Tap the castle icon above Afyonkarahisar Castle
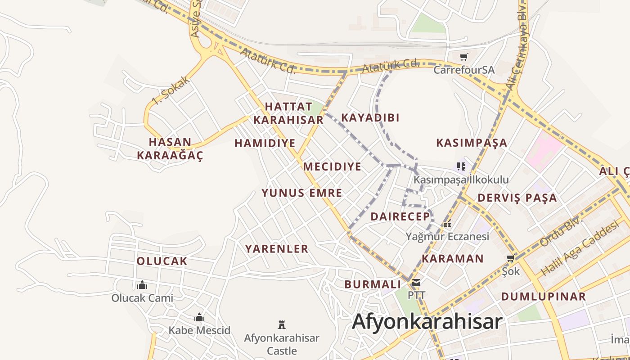click(x=282, y=324)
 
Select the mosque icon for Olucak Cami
click(x=142, y=285)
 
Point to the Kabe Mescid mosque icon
click(x=199, y=318)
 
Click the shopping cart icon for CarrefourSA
click(x=463, y=57)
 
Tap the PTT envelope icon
click(x=416, y=283)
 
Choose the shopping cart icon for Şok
click(x=510, y=258)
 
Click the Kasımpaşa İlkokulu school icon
click(x=461, y=166)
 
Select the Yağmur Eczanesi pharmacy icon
click(x=447, y=224)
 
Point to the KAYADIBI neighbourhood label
click(x=370, y=118)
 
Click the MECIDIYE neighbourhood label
click(x=332, y=167)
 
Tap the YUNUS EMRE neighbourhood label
click(x=302, y=193)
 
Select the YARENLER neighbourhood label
click(x=277, y=249)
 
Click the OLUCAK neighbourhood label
click(x=162, y=261)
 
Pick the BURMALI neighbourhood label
click(x=373, y=284)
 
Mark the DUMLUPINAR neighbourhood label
click(x=544, y=297)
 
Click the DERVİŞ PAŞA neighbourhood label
click(x=517, y=198)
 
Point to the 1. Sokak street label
click(x=171, y=91)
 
